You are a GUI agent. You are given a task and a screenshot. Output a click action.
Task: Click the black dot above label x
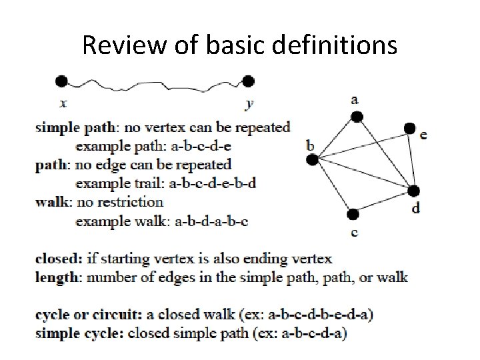[x=61, y=81]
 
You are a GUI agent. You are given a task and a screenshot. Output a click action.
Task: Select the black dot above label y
[x=248, y=81]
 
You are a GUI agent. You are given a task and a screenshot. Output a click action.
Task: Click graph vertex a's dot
[x=357, y=117]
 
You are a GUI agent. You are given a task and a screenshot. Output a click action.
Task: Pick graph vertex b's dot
[x=311, y=159]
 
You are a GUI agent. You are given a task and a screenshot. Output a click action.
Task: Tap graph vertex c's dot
[x=353, y=214]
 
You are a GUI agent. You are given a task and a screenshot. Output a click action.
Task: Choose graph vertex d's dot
[x=413, y=191]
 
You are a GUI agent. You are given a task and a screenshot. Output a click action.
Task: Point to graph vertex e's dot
[x=409, y=128]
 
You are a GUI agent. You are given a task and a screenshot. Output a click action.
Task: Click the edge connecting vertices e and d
[x=411, y=160]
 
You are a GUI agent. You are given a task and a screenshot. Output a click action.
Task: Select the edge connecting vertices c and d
[x=383, y=202]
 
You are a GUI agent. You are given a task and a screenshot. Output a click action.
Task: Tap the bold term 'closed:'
[x=59, y=258]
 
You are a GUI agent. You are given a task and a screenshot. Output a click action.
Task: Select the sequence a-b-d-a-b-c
[x=211, y=221]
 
